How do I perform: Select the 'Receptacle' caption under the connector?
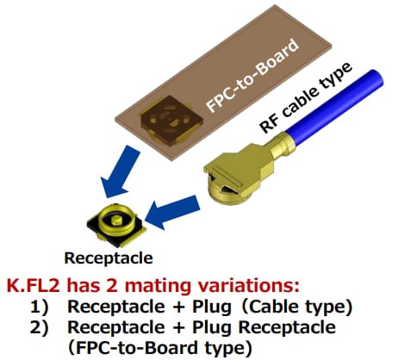point(108,258)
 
